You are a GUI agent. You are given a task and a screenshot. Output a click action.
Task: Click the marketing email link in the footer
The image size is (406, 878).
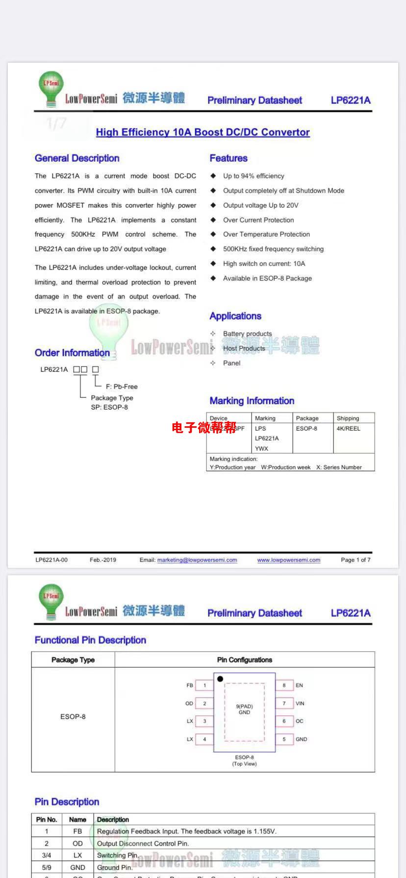(x=197, y=560)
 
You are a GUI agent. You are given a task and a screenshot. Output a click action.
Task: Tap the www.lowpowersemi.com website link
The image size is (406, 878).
(x=288, y=560)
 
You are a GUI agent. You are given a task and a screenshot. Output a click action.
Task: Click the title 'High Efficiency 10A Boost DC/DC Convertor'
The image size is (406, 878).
(x=203, y=132)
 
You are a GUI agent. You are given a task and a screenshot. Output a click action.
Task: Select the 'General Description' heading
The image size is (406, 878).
(x=77, y=158)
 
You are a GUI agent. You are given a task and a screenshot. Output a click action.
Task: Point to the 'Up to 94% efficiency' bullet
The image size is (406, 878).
(x=254, y=176)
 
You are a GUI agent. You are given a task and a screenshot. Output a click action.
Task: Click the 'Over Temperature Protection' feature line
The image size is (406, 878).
(x=266, y=234)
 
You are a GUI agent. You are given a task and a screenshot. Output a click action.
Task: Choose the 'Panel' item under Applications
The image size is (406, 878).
(x=231, y=363)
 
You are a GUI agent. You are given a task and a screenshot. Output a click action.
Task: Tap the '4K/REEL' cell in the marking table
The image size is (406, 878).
(x=348, y=428)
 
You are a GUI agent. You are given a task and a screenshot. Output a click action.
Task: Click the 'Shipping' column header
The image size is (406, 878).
(x=348, y=418)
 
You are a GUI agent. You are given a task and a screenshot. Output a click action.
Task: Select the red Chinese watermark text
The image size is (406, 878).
(x=204, y=428)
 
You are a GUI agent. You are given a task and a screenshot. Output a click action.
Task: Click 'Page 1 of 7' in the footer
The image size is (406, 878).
(x=355, y=560)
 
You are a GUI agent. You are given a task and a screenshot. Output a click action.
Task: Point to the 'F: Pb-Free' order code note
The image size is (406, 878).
(x=122, y=387)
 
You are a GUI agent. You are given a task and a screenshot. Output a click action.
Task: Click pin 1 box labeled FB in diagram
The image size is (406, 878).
(x=204, y=685)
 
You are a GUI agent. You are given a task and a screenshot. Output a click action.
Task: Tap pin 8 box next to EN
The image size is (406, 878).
(x=284, y=685)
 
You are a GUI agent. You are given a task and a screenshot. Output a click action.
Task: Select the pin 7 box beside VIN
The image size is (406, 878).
(x=284, y=704)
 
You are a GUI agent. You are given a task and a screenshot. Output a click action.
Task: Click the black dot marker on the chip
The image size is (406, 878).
(x=220, y=679)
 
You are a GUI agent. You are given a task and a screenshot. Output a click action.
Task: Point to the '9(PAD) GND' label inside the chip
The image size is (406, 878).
(x=244, y=709)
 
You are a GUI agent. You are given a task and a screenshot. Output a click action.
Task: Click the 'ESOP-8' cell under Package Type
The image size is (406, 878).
(x=73, y=717)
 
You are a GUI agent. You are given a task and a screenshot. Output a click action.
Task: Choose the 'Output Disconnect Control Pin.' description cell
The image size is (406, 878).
(x=143, y=843)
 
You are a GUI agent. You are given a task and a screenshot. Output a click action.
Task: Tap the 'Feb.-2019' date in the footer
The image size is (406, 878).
(x=103, y=560)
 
